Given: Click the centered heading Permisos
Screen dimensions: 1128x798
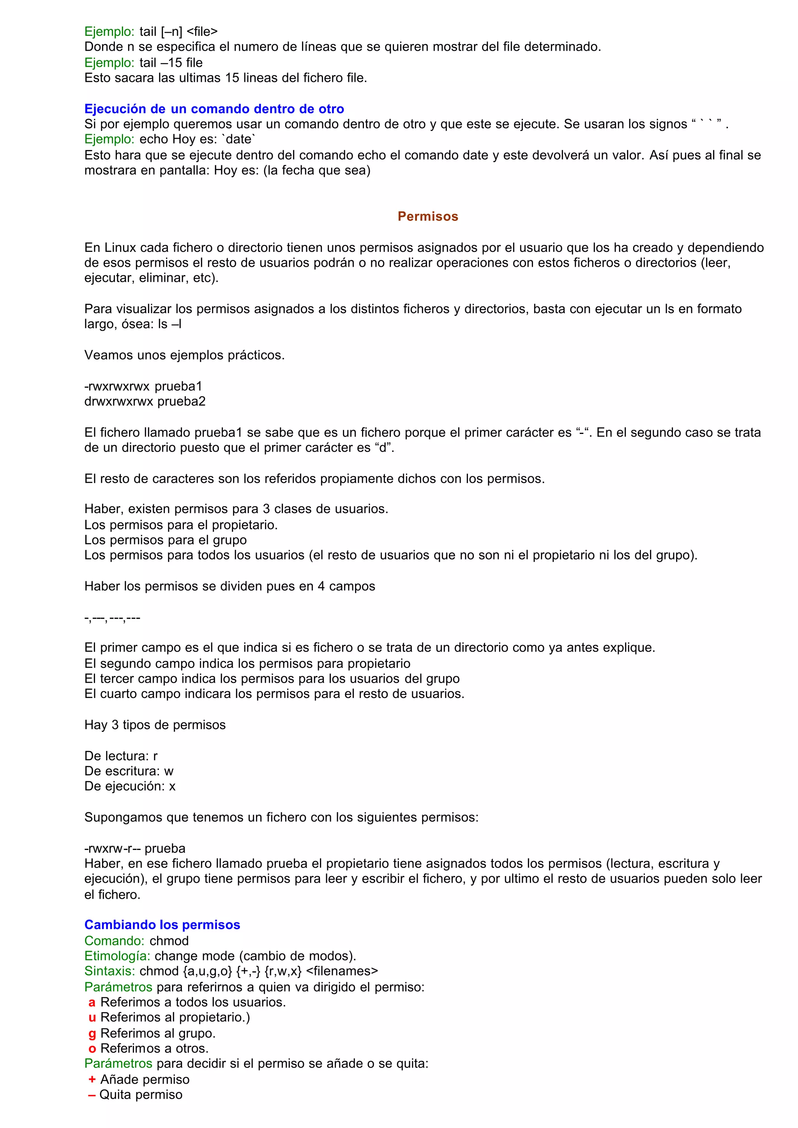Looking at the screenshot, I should (427, 216).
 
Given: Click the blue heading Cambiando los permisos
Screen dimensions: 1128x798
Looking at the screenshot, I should (162, 924).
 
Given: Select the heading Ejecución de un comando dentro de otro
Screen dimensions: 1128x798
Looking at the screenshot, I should (214, 109).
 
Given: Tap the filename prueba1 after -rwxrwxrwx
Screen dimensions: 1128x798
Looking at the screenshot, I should (178, 386).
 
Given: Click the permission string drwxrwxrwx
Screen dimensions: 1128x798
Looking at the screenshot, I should (118, 401).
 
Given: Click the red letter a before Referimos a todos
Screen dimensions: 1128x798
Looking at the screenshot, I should (92, 1002).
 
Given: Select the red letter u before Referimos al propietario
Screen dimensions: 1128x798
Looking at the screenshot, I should (92, 1017).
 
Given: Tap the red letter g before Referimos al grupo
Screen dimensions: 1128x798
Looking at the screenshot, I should (92, 1033).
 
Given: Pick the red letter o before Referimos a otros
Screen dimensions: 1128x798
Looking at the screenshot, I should (92, 1048).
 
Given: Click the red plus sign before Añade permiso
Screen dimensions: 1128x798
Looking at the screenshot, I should (92, 1079).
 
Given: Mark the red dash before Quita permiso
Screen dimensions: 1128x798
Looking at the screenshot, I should (92, 1094).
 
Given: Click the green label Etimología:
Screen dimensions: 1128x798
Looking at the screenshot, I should (117, 955).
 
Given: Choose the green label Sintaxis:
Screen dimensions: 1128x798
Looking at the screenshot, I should (109, 970).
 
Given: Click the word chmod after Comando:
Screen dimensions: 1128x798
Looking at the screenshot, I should (169, 940).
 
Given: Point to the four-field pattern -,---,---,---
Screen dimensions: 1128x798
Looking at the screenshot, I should (113, 618).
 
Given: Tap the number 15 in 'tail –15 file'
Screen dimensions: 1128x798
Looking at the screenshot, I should (175, 62).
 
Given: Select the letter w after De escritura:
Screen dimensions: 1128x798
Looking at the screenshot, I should (169, 771).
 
